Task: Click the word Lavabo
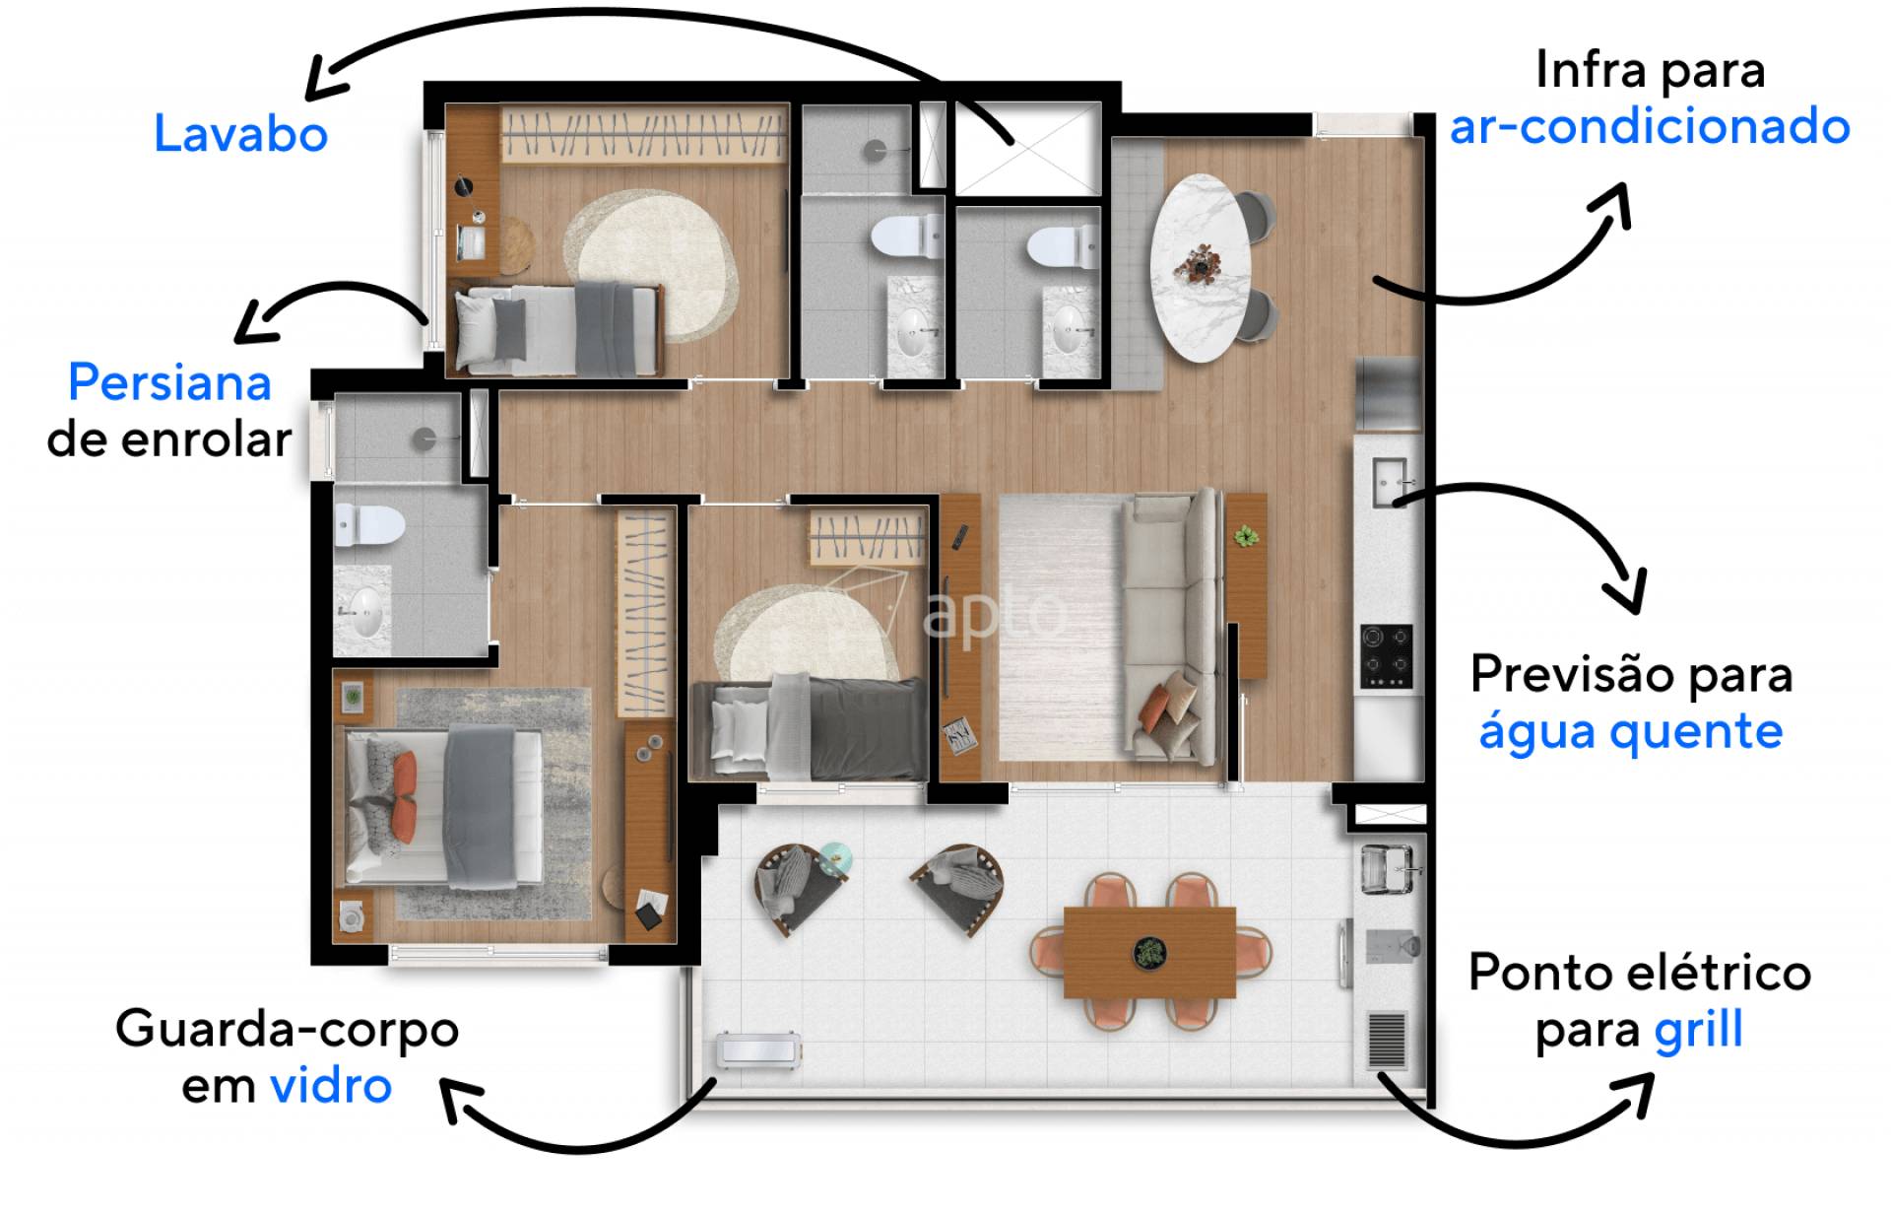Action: pyautogui.click(x=240, y=134)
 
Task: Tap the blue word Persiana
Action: pyautogui.click(x=169, y=382)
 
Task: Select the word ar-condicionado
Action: pyautogui.click(x=1650, y=127)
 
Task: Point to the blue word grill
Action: pyautogui.click(x=1698, y=1029)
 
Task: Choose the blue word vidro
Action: pyautogui.click(x=331, y=1086)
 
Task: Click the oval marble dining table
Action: pyautogui.click(x=1201, y=268)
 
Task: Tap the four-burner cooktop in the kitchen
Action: pyautogui.click(x=1387, y=656)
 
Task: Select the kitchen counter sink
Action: pyautogui.click(x=1390, y=483)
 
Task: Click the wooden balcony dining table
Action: pyautogui.click(x=1149, y=951)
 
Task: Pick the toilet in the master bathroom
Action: pyautogui.click(x=368, y=524)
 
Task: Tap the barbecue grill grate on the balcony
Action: pyautogui.click(x=1387, y=1041)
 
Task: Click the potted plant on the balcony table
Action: pyautogui.click(x=1148, y=952)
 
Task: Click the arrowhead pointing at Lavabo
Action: pyautogui.click(x=325, y=79)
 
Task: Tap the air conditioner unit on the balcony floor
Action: pyautogui.click(x=758, y=1050)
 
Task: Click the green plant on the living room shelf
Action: pyautogui.click(x=1246, y=536)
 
